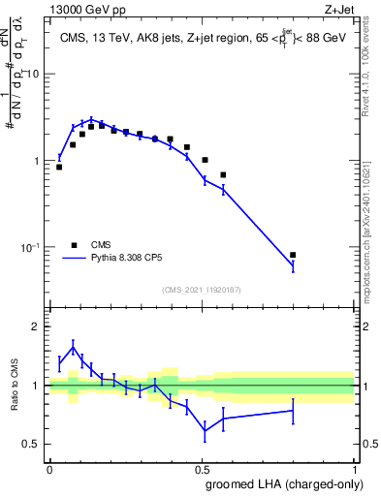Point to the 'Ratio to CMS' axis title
tap(15, 386)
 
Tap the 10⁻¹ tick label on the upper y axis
tap(31, 248)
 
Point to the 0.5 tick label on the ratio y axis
tap(32, 445)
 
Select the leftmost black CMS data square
tap(59, 167)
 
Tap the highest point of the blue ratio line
tap(73, 347)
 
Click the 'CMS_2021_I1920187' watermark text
tap(202, 290)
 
